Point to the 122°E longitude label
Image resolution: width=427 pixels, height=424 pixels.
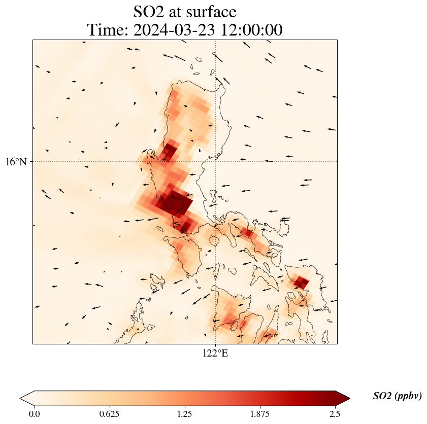point(215,353)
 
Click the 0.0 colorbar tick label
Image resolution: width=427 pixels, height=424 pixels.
point(35,413)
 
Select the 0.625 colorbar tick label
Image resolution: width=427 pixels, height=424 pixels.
point(109,413)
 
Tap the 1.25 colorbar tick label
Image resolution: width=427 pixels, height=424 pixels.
point(184,413)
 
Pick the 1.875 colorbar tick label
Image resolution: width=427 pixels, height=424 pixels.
point(259,413)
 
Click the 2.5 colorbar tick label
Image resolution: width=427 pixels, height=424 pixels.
point(335,413)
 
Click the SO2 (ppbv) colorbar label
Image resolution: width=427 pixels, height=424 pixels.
point(397,396)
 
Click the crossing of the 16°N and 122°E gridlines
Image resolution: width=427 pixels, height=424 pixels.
point(216,161)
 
